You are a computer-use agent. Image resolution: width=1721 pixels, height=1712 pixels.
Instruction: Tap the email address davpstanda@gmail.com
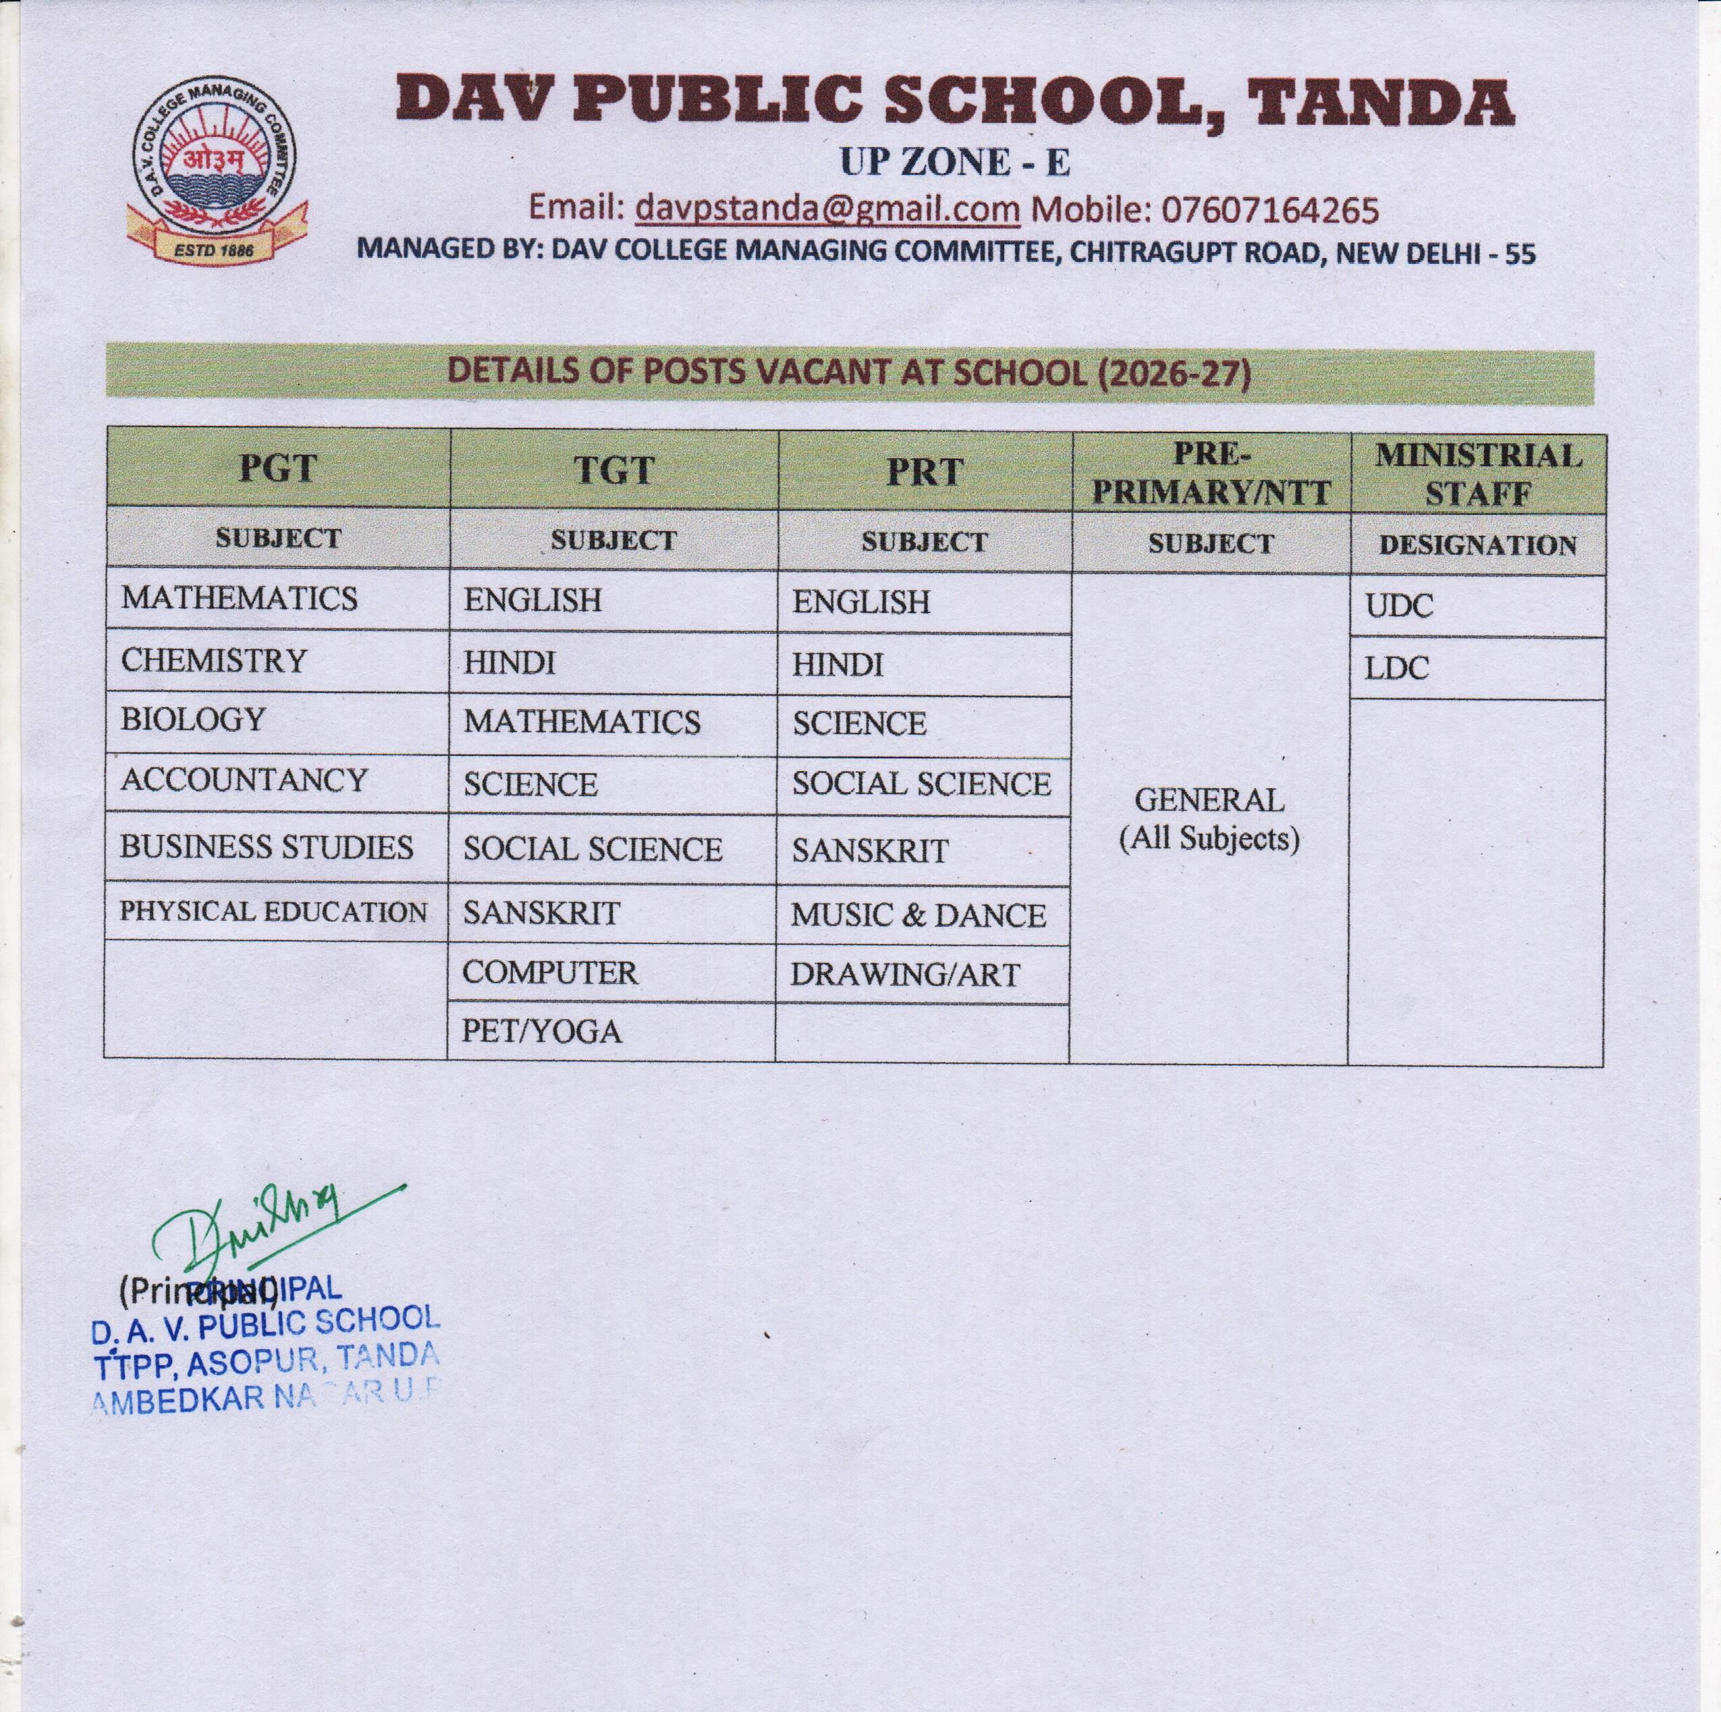(827, 209)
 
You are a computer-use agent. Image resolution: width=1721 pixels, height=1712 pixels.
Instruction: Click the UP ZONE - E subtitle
(954, 162)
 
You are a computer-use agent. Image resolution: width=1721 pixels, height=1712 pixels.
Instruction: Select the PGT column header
(277, 468)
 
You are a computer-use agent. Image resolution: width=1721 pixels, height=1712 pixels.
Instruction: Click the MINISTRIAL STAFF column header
(1478, 474)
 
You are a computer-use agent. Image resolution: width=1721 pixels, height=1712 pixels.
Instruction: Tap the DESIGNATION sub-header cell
(1478, 545)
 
